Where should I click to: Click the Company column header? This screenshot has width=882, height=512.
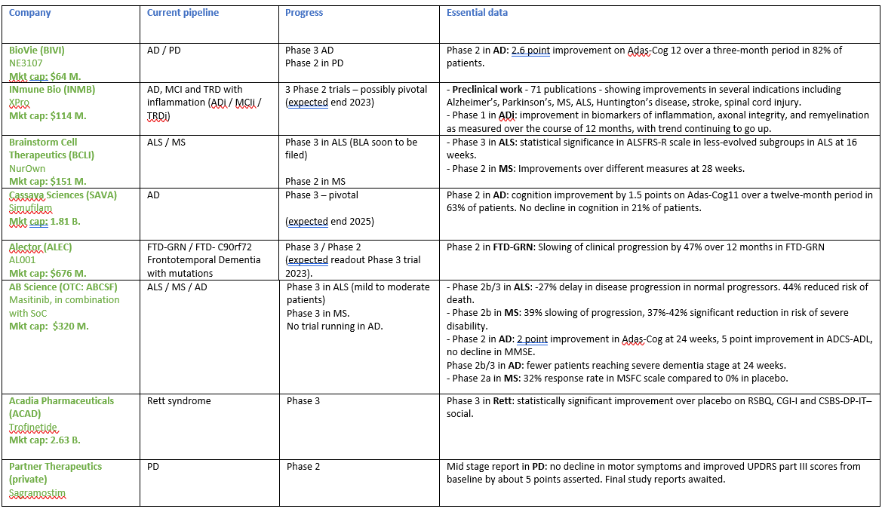pyautogui.click(x=29, y=13)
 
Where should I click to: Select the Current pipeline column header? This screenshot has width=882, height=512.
pyautogui.click(x=183, y=13)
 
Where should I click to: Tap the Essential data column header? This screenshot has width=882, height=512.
pyautogui.click(x=477, y=13)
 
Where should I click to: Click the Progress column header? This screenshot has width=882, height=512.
pyautogui.click(x=304, y=13)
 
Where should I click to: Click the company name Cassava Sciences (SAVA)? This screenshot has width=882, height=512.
pyautogui.click(x=63, y=195)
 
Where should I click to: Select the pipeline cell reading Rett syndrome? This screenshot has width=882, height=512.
pyautogui.click(x=180, y=401)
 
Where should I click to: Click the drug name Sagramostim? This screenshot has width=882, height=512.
pyautogui.click(x=37, y=493)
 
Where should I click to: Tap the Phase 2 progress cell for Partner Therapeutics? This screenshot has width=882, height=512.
pyautogui.click(x=303, y=467)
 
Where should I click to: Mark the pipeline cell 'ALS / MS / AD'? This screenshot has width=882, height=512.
pyautogui.click(x=178, y=287)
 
